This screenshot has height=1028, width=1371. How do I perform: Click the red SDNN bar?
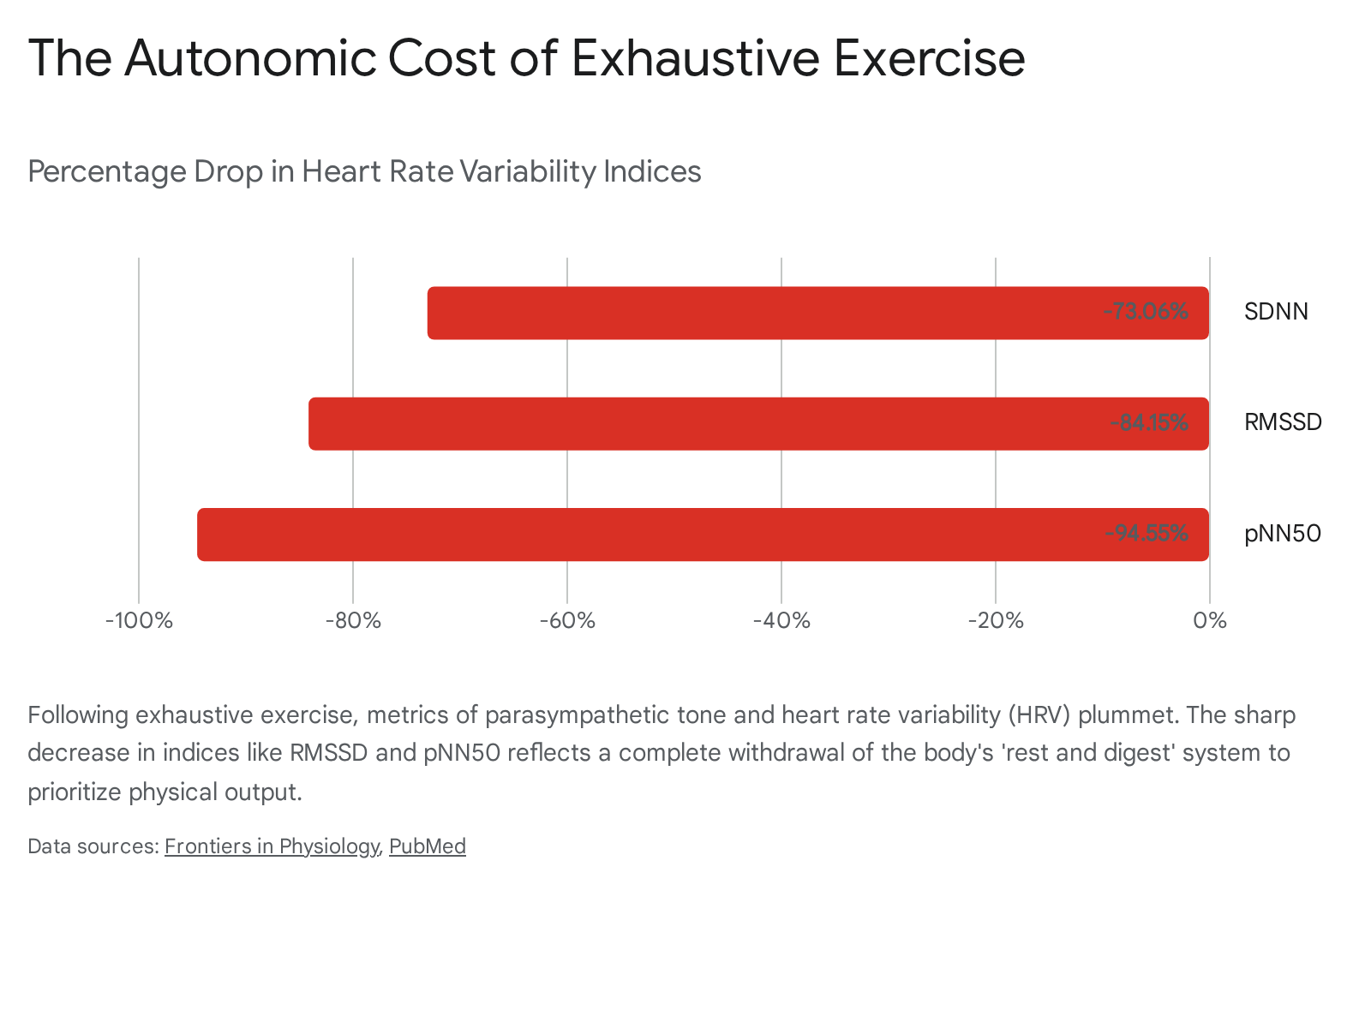(817, 313)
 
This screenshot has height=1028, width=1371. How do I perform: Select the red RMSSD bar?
(758, 423)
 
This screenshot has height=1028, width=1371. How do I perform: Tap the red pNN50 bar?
(703, 535)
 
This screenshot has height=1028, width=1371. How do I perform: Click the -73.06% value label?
(1146, 311)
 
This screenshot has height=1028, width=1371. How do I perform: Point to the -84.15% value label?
(1149, 422)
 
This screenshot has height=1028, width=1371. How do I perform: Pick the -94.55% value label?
(1146, 533)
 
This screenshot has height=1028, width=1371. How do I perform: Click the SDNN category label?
(1276, 312)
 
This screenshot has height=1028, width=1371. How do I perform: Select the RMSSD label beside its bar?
(1283, 422)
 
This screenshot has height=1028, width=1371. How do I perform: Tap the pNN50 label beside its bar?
(1282, 534)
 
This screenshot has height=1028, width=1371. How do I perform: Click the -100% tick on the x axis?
(139, 620)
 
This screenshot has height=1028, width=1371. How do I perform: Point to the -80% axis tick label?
(353, 620)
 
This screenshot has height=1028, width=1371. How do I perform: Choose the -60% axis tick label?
(567, 620)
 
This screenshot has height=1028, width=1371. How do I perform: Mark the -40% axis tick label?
(781, 620)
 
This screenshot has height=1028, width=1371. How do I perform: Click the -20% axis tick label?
(996, 620)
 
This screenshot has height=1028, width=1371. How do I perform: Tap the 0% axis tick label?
(1210, 620)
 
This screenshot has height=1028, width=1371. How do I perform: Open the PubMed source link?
(428, 846)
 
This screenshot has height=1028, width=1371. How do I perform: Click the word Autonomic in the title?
(250, 58)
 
